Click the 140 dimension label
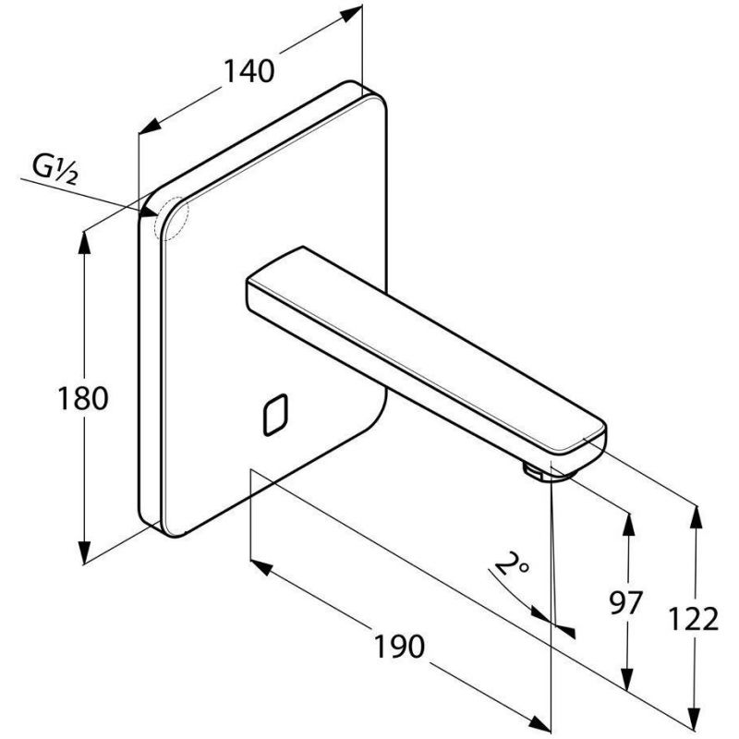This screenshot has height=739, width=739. click(248, 71)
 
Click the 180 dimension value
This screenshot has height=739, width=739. click(82, 398)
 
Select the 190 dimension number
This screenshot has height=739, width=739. click(399, 646)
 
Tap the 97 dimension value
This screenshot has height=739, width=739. click(626, 602)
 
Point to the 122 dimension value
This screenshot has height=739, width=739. click(694, 618)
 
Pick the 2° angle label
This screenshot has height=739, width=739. click(512, 563)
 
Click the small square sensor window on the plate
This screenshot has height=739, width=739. click(275, 414)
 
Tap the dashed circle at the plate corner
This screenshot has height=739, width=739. click(171, 218)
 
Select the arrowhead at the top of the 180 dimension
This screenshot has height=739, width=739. click(84, 243)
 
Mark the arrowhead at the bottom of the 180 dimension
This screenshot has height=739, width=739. click(84, 551)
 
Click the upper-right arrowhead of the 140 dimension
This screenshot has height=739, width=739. click(351, 14)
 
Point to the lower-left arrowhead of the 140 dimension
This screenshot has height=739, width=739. click(150, 126)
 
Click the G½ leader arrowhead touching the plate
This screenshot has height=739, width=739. click(149, 212)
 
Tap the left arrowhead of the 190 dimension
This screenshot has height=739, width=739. click(261, 567)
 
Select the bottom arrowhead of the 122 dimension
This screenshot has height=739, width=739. click(695, 723)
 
